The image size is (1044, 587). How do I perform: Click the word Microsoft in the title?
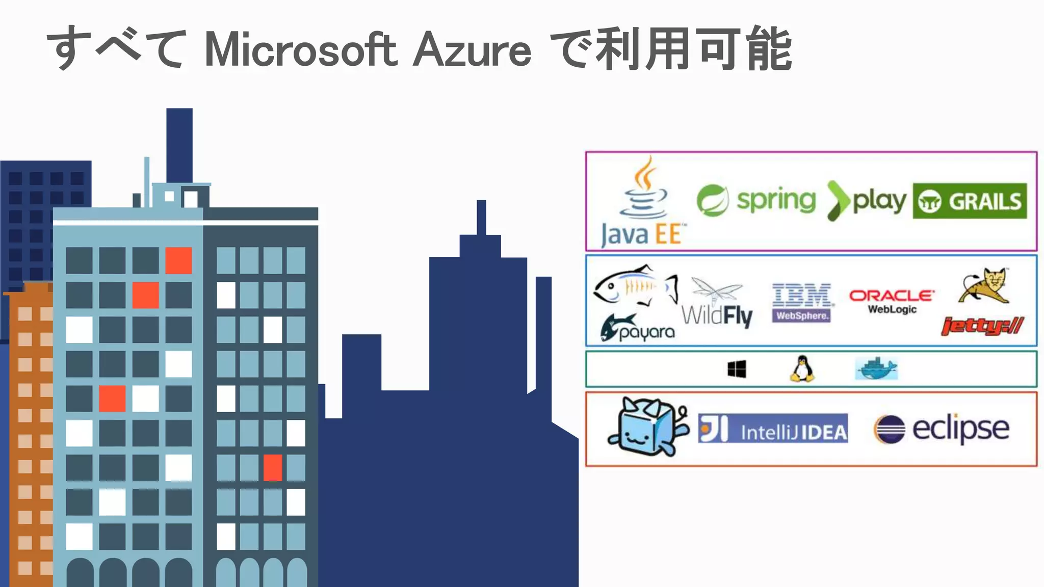click(301, 50)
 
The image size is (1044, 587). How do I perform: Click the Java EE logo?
click(643, 204)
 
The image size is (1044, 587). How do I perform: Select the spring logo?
click(756, 200)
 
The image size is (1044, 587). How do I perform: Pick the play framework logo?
click(867, 201)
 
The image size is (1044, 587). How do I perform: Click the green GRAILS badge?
click(970, 201)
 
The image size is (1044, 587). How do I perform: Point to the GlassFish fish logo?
click(635, 286)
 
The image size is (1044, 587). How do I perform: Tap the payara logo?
click(637, 328)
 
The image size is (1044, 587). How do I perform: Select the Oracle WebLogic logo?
click(892, 302)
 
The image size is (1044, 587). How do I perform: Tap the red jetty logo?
click(982, 325)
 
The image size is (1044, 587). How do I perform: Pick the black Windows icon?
click(737, 369)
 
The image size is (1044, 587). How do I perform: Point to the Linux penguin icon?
click(802, 368)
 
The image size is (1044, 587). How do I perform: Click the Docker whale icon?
click(876, 368)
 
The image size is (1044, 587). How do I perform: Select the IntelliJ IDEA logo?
click(773, 428)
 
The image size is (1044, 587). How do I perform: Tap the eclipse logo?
click(941, 428)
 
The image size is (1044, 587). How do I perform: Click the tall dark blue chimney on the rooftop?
click(179, 145)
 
